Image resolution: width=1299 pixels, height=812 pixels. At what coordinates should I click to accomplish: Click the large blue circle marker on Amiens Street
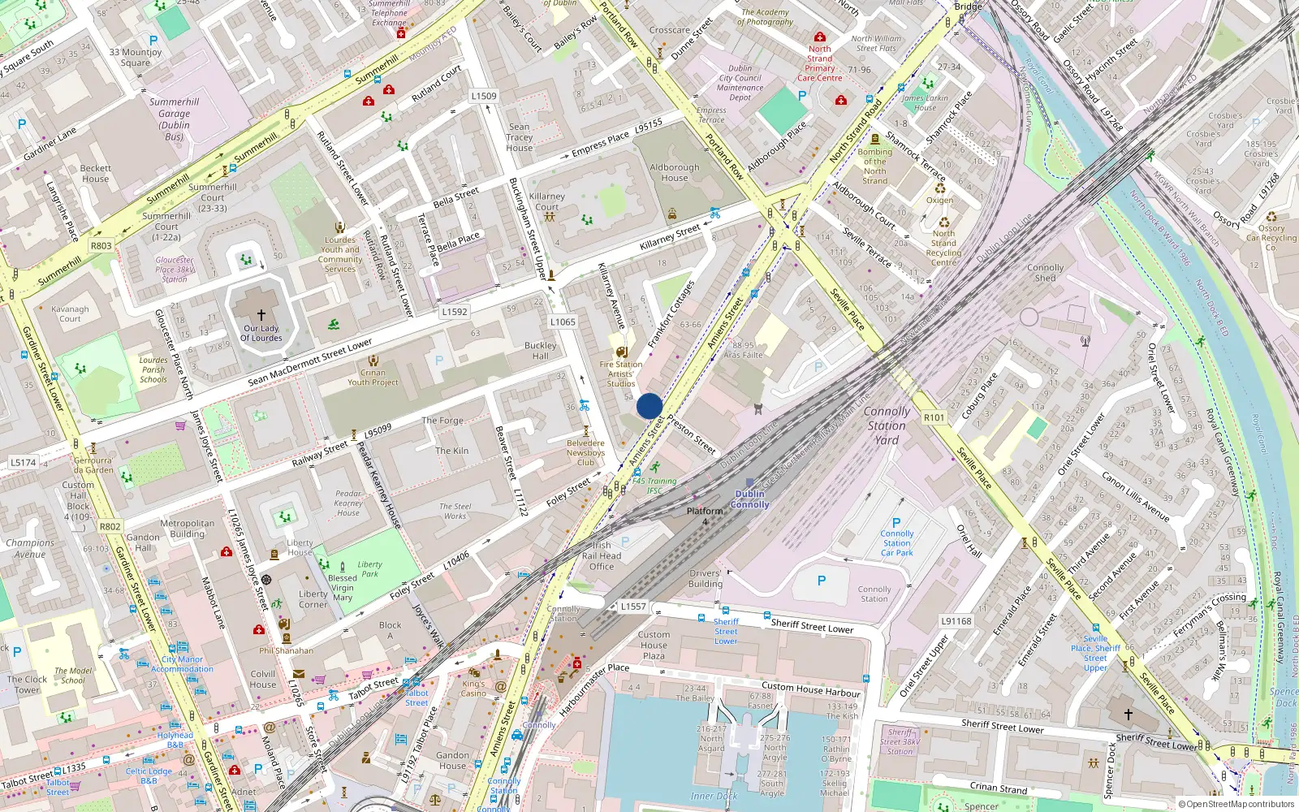pyautogui.click(x=649, y=406)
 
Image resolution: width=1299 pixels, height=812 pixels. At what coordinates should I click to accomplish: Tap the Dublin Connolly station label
pyautogui.click(x=749, y=499)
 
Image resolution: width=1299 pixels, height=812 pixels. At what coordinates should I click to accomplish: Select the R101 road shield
pyautogui.click(x=934, y=417)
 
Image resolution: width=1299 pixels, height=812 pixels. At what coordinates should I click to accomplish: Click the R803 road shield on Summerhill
pyautogui.click(x=101, y=246)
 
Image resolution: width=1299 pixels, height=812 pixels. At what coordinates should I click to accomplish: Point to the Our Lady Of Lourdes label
pyautogui.click(x=261, y=334)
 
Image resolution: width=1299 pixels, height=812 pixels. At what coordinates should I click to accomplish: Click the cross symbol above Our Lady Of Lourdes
pyautogui.click(x=261, y=314)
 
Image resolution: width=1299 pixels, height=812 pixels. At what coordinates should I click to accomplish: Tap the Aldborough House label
pyautogui.click(x=674, y=172)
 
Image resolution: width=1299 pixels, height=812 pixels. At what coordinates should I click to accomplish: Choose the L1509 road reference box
pyautogui.click(x=484, y=96)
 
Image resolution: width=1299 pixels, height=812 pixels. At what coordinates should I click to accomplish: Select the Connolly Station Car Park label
pyautogui.click(x=897, y=543)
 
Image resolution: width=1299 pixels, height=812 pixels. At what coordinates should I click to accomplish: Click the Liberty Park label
pyautogui.click(x=369, y=569)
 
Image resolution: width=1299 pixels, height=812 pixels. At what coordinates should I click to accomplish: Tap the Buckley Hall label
pyautogui.click(x=541, y=351)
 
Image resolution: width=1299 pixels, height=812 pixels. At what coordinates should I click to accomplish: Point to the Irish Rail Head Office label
pyautogui.click(x=602, y=556)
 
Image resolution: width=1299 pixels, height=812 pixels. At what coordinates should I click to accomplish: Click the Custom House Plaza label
pyautogui.click(x=654, y=645)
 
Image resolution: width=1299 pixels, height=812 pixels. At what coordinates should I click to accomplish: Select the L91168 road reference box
pyautogui.click(x=956, y=621)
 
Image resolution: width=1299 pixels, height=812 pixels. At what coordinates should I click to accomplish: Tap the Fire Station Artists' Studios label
pyautogui.click(x=621, y=374)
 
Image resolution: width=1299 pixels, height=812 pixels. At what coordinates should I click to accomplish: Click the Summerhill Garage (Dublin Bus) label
pyautogui.click(x=174, y=119)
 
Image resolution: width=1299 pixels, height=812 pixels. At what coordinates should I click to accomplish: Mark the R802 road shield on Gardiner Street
pyautogui.click(x=110, y=526)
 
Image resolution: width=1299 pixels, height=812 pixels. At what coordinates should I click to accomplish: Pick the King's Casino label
pyautogui.click(x=473, y=688)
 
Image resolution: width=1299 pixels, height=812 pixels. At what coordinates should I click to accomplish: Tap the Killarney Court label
pyautogui.click(x=547, y=201)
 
